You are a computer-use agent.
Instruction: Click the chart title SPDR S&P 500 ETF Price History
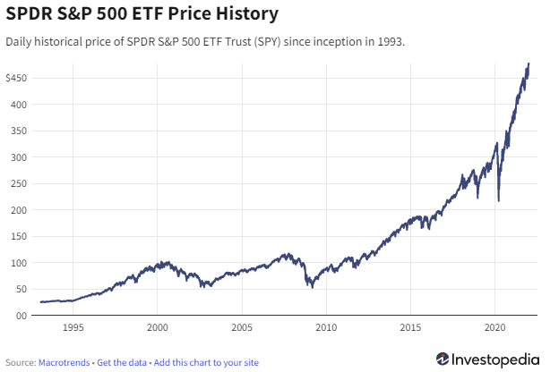[x=142, y=14]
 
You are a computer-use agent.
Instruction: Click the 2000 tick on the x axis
[x=158, y=327]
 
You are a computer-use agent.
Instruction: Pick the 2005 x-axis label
[x=242, y=327]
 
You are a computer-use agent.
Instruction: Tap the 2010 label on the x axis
[x=327, y=327]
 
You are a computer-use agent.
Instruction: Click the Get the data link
[x=122, y=363]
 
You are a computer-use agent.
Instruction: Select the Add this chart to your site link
[x=206, y=363]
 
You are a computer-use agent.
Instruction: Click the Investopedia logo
[x=488, y=359]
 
